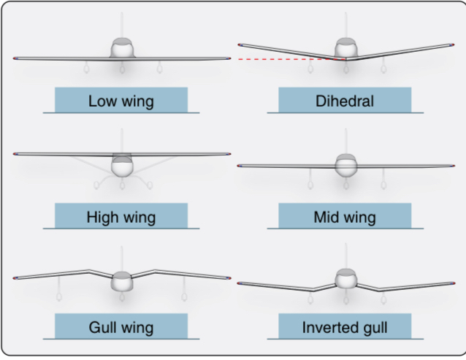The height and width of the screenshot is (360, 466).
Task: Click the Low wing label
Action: click(121, 101)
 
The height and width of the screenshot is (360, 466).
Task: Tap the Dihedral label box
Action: click(345, 100)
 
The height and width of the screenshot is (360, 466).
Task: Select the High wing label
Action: click(121, 217)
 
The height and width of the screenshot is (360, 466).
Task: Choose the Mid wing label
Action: click(345, 217)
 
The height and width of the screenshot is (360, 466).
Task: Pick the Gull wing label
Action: click(121, 327)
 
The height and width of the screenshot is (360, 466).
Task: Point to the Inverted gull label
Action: click(345, 327)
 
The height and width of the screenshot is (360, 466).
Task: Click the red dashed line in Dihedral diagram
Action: click(291, 59)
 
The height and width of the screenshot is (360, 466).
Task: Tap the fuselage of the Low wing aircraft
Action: click(122, 48)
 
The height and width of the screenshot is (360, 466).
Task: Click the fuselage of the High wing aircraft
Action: click(122, 165)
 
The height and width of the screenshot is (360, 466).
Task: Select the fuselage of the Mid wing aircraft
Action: click(345, 166)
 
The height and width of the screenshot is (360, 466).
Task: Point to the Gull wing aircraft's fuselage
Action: click(122, 281)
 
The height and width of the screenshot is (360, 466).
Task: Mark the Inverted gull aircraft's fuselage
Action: click(345, 279)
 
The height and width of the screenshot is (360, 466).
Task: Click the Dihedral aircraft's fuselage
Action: click(345, 48)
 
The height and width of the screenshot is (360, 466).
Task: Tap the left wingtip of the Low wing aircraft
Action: click(13, 58)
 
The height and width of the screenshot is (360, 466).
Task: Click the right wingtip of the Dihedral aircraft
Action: click(454, 45)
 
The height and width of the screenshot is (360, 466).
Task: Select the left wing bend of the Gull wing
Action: click(89, 271)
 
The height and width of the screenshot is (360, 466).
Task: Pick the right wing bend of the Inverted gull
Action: click(378, 290)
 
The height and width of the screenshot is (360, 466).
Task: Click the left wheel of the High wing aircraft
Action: click(96, 185)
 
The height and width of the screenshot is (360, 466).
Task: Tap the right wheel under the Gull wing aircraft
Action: click(184, 296)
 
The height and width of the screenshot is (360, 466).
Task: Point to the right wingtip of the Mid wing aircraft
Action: click(454, 166)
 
